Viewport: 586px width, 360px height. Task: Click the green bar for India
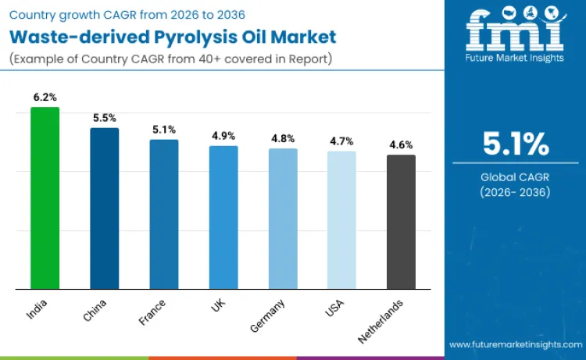coord(45,198)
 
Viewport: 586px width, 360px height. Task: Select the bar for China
coord(104,209)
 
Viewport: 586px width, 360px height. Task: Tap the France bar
coord(164,215)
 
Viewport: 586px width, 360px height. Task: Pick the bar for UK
coord(223,218)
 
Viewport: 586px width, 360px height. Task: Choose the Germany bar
coord(283,219)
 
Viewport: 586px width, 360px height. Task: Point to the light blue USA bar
coord(341,220)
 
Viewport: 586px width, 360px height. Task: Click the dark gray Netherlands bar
coord(401,223)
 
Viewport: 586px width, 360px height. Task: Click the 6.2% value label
coord(45,97)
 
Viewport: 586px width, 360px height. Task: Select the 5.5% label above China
coord(104,118)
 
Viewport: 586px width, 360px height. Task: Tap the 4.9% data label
coord(223,136)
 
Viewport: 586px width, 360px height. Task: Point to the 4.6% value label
coord(401,144)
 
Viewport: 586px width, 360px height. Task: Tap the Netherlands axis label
coord(381,321)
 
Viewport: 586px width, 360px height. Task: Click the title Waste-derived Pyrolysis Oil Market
coord(173,36)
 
